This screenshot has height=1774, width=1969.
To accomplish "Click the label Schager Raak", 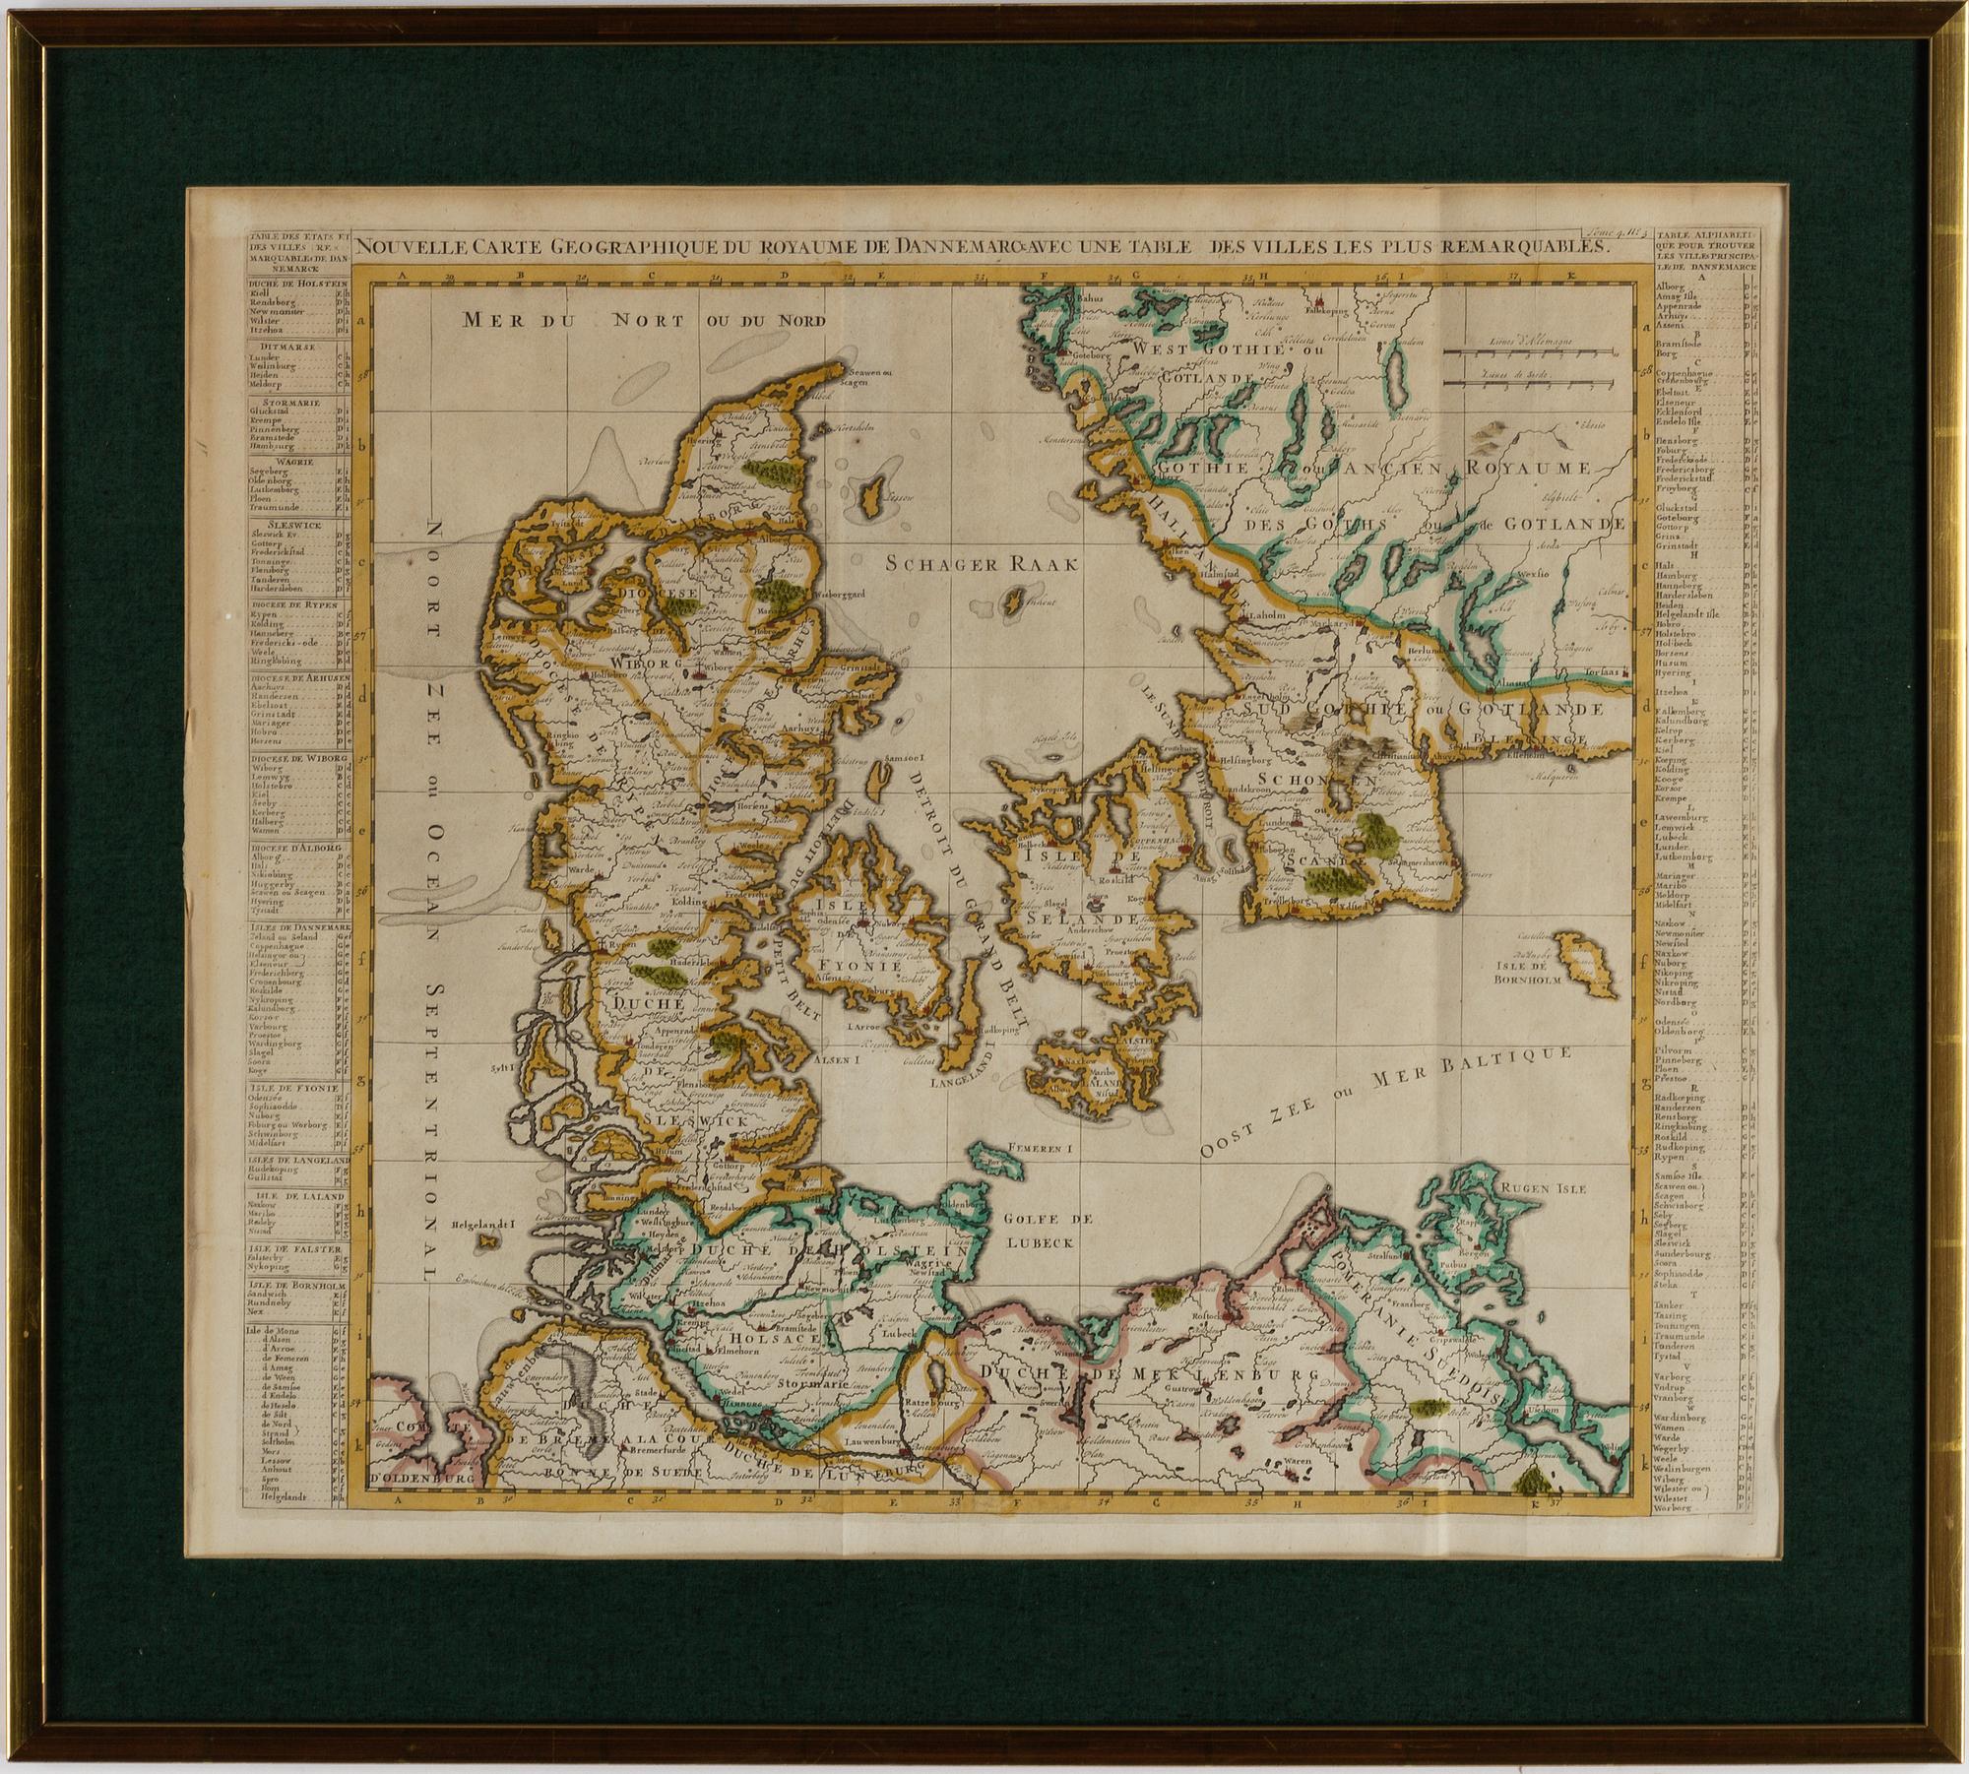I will (x=983, y=564).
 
